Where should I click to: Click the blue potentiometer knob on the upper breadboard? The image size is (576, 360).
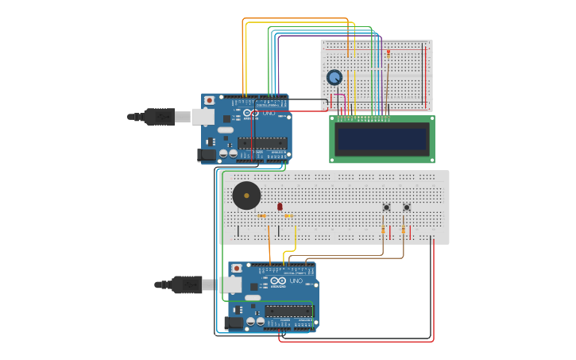pyautogui.click(x=334, y=77)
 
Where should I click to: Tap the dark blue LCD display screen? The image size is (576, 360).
pyautogui.click(x=382, y=139)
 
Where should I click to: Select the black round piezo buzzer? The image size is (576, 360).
pyautogui.click(x=245, y=195)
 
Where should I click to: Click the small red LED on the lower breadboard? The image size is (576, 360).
pyautogui.click(x=280, y=207)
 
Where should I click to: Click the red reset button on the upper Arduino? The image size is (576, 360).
pyautogui.click(x=209, y=101)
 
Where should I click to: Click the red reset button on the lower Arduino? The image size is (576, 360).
pyautogui.click(x=237, y=269)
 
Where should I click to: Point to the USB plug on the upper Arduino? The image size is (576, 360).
pyautogui.click(x=158, y=117)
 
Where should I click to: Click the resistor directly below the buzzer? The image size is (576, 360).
pyautogui.click(x=262, y=215)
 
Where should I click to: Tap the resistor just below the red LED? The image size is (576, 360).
pyautogui.click(x=288, y=215)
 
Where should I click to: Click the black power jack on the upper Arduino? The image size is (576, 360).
pyautogui.click(x=208, y=155)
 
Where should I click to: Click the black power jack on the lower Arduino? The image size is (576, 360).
pyautogui.click(x=235, y=323)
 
